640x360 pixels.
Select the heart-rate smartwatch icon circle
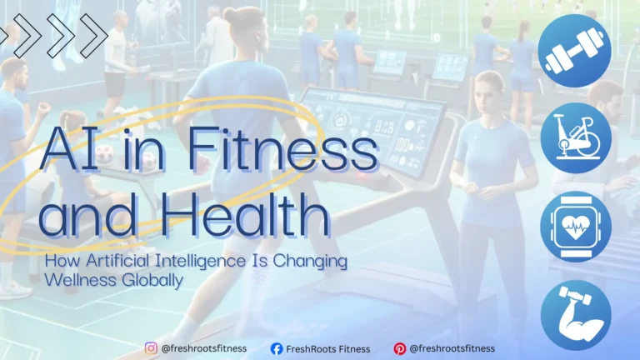click(575, 227)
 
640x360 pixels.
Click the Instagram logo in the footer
click(151, 348)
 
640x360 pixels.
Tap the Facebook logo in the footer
click(277, 348)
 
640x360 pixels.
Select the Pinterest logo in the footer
click(400, 348)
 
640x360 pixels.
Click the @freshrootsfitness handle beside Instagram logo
click(204, 348)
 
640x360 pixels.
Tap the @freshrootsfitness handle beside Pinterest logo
click(452, 348)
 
